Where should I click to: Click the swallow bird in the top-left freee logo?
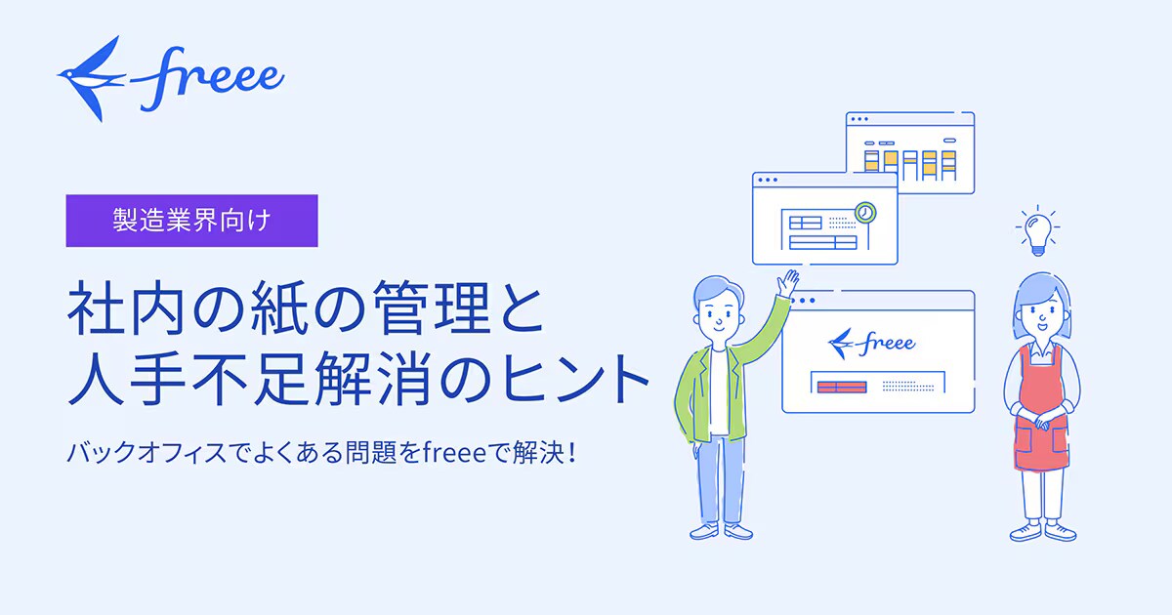[x=89, y=78]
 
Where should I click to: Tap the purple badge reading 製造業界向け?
[x=191, y=221]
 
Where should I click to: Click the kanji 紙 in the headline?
[x=279, y=307]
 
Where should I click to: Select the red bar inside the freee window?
[x=842, y=387]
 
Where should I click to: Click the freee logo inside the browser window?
[x=871, y=343]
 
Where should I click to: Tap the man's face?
[x=719, y=312]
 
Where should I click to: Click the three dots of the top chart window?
[x=859, y=119]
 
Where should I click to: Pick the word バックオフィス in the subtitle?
[x=147, y=453]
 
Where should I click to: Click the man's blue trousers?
[x=720, y=478]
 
